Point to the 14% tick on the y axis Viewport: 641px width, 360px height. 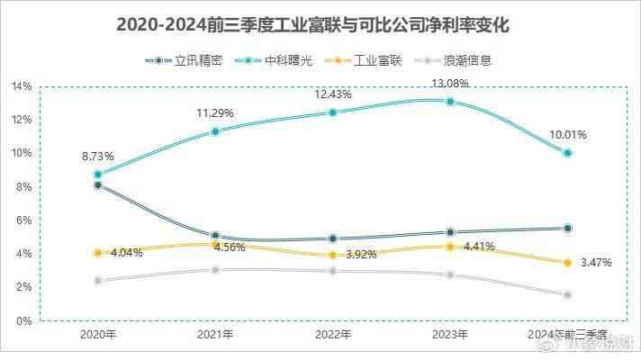23,86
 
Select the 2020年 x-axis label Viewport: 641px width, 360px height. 97,334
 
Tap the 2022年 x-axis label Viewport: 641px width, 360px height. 333,334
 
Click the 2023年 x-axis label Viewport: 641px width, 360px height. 450,334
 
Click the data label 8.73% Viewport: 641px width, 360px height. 97,156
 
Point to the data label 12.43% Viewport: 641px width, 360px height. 333,94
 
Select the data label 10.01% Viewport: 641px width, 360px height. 569,135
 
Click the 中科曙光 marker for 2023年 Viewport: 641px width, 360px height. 450,102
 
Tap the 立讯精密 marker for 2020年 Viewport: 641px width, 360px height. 97,185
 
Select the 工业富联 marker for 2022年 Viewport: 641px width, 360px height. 333,255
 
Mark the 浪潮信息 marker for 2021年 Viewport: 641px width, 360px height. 215,270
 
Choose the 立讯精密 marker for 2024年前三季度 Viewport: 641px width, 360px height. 568,229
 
